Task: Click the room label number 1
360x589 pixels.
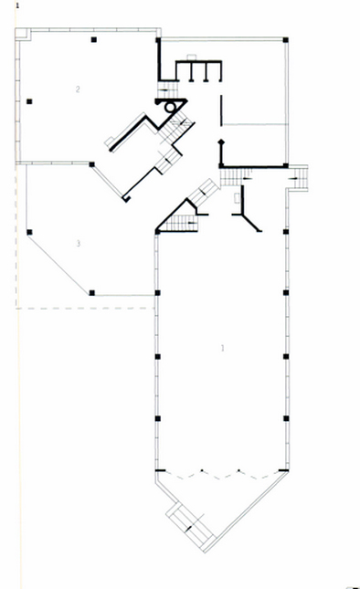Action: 222,348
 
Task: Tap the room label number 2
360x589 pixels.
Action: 78,89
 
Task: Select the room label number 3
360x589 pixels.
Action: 79,244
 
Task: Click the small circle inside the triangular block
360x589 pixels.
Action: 170,108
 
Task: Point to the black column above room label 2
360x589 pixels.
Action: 93,39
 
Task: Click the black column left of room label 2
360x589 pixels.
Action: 29,101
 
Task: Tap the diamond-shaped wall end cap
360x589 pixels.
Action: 221,142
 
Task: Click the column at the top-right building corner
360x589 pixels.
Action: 286,40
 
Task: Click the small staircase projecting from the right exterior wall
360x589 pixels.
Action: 299,178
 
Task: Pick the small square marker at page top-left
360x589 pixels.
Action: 17,5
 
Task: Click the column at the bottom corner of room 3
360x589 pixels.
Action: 91,293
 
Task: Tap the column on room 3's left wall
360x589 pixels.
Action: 29,232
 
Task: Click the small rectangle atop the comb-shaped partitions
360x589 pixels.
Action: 192,57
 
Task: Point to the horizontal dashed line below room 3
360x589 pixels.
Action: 86,309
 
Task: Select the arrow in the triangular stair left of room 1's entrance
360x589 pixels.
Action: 192,223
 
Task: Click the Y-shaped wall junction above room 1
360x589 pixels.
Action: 245,215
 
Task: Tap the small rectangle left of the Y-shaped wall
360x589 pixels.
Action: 238,198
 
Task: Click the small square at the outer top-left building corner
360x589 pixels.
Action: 23,34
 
